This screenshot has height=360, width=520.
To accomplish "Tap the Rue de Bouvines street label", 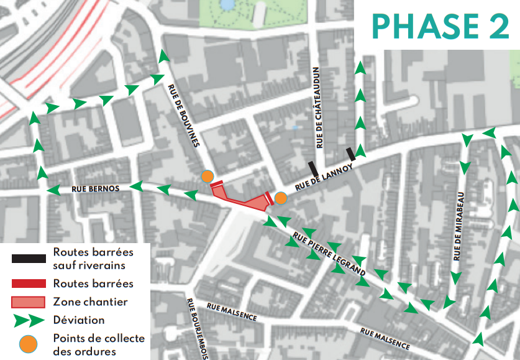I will tap(183, 116).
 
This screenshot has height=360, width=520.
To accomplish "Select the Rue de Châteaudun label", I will tap(319, 108).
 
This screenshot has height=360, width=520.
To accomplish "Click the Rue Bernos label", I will tap(95, 188).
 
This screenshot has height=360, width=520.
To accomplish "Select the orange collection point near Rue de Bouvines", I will tap(208, 177).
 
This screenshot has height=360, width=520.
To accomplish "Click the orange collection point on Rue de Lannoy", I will tap(281, 198).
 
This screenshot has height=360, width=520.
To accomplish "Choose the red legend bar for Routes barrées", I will tap(28, 284).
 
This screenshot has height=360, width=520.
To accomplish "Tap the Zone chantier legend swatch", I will tap(28, 302).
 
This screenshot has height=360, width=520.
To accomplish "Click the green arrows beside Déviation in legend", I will tap(28, 320).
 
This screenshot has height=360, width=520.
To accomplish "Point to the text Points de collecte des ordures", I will tap(98, 345).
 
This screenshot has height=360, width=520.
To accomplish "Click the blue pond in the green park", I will tap(227, 5).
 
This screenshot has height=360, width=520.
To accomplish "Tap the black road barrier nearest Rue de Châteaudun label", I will tap(314, 168).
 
